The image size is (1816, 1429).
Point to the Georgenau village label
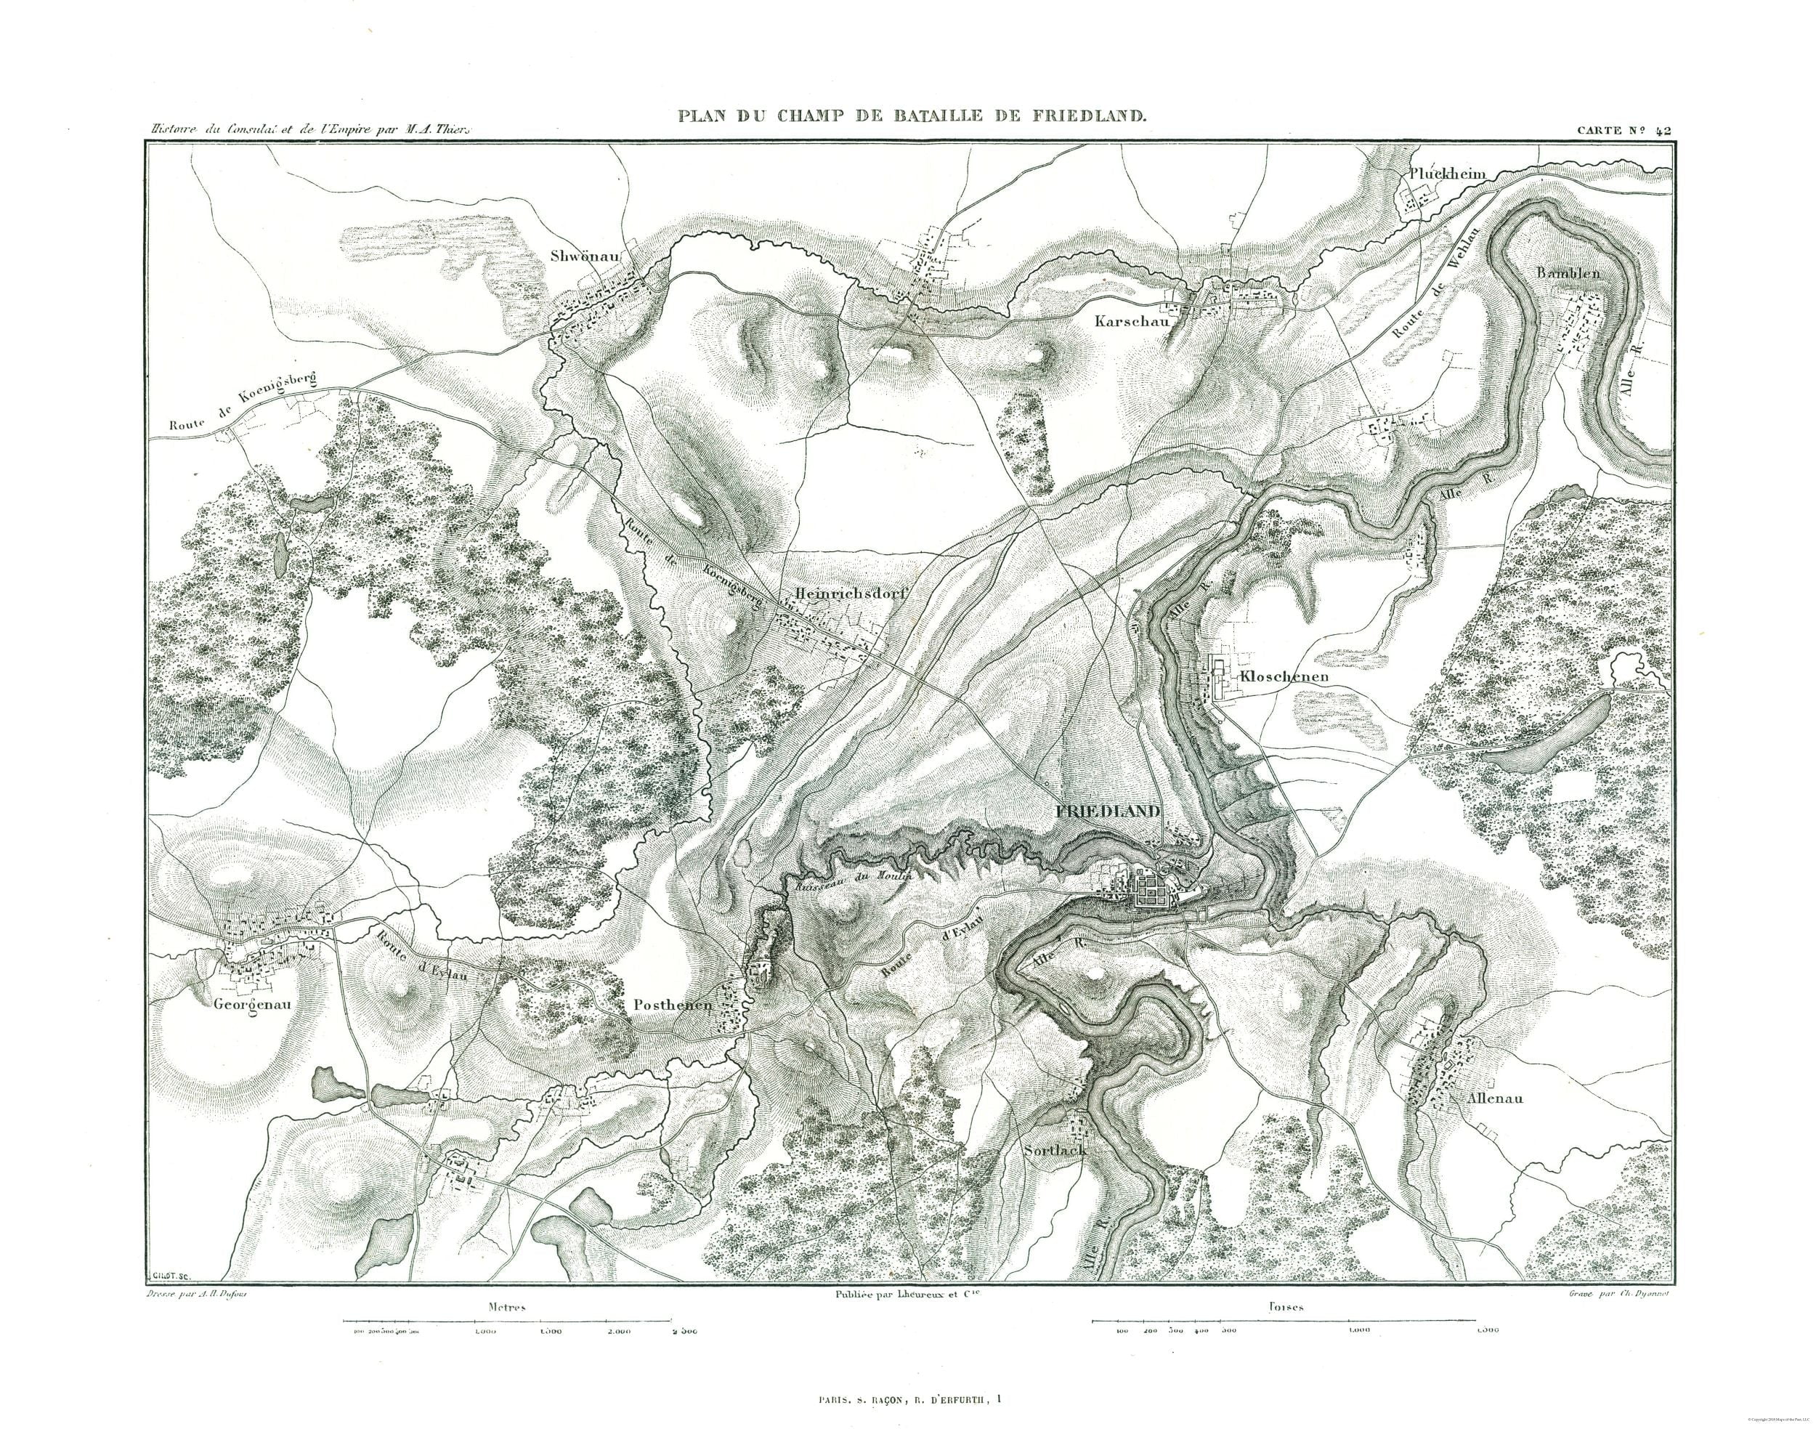[251, 1004]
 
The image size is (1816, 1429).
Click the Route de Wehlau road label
[1435, 293]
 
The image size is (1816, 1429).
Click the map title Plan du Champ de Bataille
[909, 116]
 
